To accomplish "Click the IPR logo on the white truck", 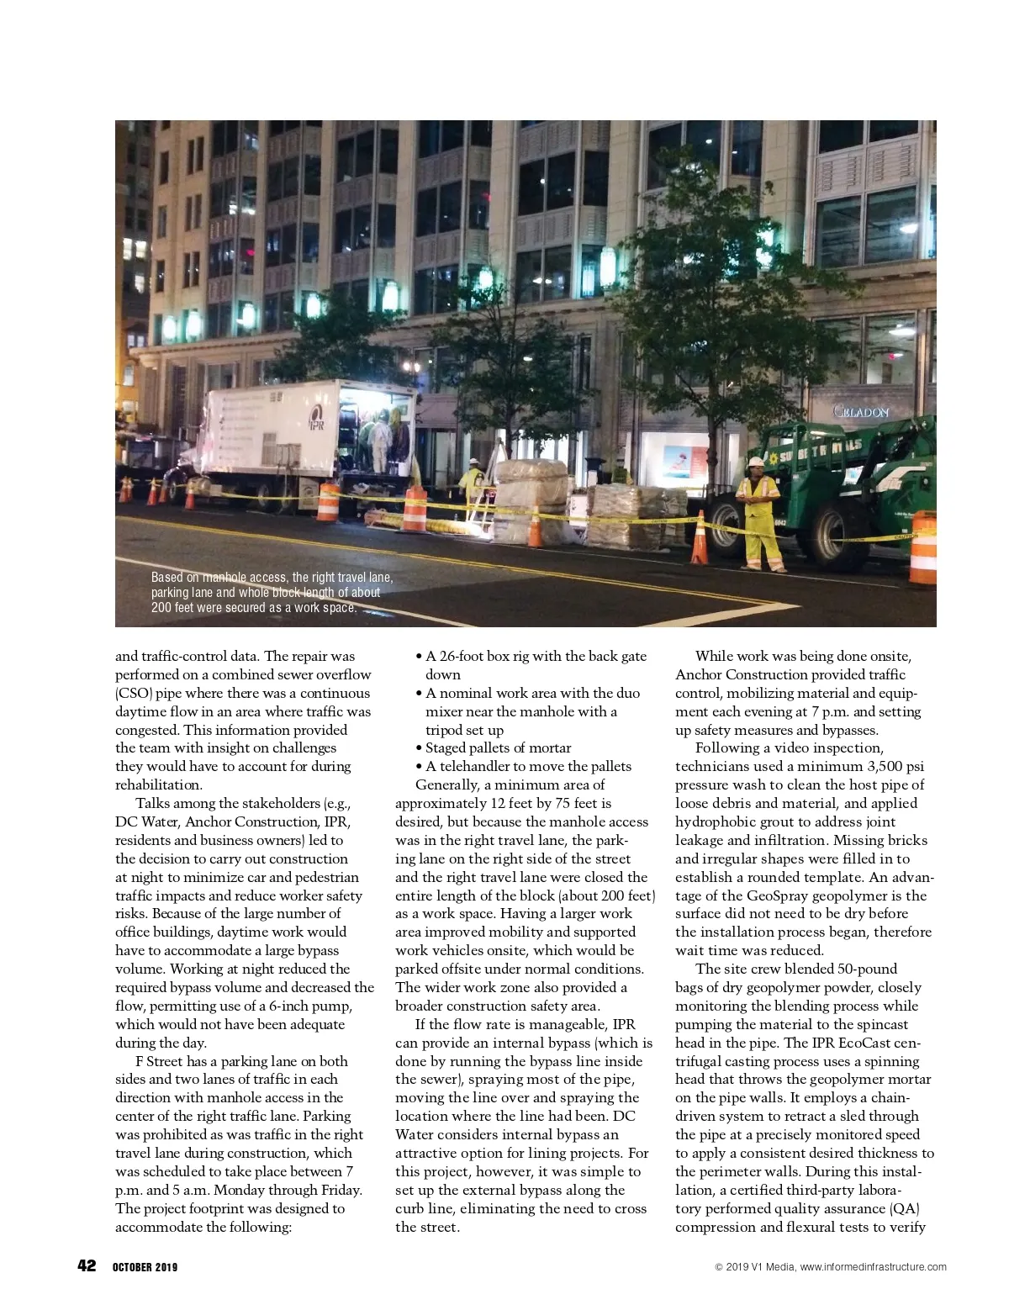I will coord(316,416).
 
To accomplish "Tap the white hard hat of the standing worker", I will coord(757,462).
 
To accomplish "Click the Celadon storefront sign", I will coord(860,411).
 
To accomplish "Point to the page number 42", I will coord(87,1266).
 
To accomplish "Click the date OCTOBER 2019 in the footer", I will coord(145,1267).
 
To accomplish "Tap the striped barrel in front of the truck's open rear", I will coord(415,509).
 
